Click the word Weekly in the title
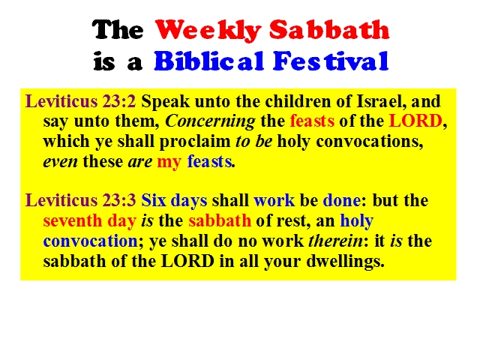[x=208, y=30]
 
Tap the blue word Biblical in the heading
[x=208, y=61]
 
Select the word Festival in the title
[x=331, y=61]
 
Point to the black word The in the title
[x=118, y=30]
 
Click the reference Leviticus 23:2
[x=80, y=101]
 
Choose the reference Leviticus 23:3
[x=80, y=200]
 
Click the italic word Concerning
[x=210, y=121]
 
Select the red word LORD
[x=415, y=121]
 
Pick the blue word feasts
[x=209, y=161]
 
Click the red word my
[x=169, y=162]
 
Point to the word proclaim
[x=195, y=142]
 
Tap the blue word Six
[x=154, y=200]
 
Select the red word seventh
[x=73, y=220]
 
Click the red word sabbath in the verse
[x=220, y=220]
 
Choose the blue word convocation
[x=90, y=241]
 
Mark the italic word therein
[x=336, y=241]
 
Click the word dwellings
[x=345, y=262]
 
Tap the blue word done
[x=342, y=200]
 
